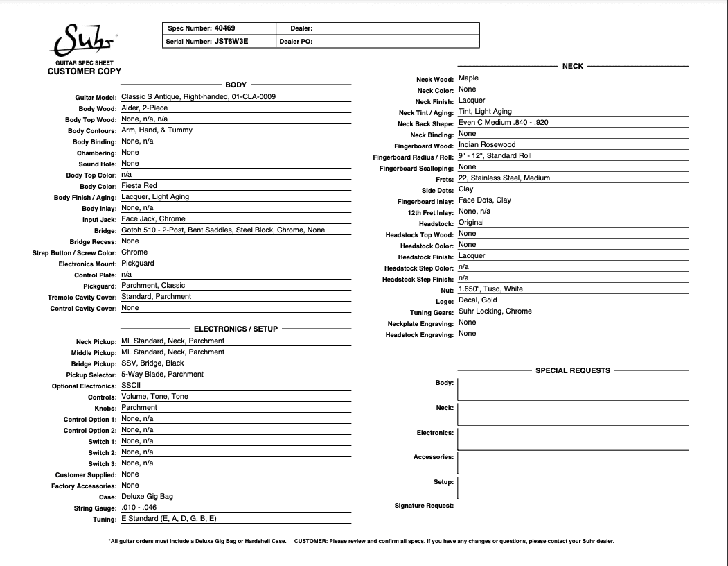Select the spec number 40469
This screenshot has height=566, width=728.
point(224,28)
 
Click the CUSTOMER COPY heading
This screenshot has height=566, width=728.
point(84,71)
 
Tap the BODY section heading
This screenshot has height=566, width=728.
point(236,85)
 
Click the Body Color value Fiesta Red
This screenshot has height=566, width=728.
point(139,186)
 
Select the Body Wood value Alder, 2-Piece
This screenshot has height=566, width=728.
point(145,108)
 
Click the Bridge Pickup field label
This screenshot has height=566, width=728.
point(94,364)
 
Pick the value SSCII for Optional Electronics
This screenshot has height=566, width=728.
point(131,386)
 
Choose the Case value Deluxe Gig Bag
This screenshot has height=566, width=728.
point(147,497)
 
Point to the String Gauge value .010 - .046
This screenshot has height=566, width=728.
point(144,508)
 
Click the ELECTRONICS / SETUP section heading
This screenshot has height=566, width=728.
point(236,329)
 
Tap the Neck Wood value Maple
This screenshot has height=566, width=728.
point(468,78)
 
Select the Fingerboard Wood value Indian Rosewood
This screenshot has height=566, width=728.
point(487,145)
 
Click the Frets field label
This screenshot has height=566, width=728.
point(445,180)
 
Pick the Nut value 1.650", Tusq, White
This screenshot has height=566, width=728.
point(490,289)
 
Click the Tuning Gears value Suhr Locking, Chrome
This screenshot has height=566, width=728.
point(495,311)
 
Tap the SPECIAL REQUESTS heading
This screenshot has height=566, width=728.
point(573,370)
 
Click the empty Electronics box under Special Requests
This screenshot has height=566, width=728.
point(573,438)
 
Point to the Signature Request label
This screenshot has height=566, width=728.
point(424,506)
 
